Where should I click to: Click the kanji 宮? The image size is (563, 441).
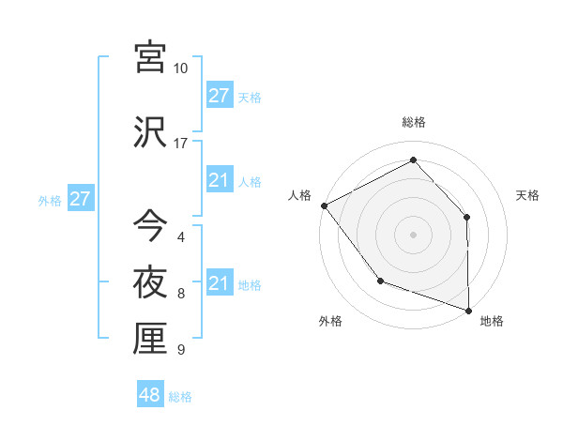tap(151, 58)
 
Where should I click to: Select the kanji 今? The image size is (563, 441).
tap(151, 225)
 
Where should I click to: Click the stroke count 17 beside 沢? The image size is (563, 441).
tap(181, 144)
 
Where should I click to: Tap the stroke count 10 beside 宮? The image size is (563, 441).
tap(181, 68)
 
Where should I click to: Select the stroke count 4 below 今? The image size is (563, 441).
tap(180, 237)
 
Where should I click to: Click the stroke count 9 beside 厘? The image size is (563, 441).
tap(180, 350)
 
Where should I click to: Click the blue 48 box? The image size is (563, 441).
tap(150, 395)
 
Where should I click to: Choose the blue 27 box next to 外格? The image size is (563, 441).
tap(80, 199)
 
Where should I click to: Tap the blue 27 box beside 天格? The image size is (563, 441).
tap(220, 96)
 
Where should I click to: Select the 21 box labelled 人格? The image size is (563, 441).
tap(220, 180)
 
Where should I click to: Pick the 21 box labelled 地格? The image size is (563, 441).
tap(220, 283)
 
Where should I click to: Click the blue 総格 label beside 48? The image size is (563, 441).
tap(180, 397)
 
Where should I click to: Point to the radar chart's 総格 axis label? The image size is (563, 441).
tap(414, 122)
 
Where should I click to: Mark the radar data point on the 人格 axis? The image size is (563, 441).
tap(324, 205)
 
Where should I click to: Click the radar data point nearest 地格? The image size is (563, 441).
tap(468, 309)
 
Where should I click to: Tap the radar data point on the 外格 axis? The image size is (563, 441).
tap(380, 280)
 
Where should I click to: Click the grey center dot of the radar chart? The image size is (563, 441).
tap(413, 234)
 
